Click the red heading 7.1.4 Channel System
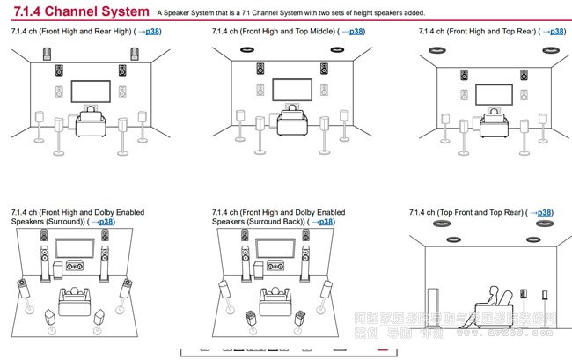(x=79, y=11)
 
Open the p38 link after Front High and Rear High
(x=149, y=32)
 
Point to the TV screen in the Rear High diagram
(x=92, y=92)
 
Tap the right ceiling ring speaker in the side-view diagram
(x=534, y=237)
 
